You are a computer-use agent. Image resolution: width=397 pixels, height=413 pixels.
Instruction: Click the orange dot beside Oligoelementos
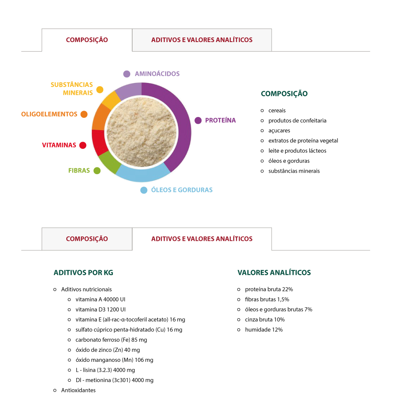84,114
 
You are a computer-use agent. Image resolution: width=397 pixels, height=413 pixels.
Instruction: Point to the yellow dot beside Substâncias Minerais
100,90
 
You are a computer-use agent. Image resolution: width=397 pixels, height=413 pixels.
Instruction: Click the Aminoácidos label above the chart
157,74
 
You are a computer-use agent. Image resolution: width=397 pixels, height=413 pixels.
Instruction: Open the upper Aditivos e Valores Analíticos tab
202,40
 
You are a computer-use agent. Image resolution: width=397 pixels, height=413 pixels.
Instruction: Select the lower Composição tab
87,239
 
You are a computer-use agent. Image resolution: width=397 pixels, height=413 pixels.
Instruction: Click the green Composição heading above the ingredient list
284,94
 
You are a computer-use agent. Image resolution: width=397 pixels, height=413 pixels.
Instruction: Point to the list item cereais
277,110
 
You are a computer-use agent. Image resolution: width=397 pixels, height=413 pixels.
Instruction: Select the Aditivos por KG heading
83,273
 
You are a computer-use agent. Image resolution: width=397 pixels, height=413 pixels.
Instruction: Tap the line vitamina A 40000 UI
100,299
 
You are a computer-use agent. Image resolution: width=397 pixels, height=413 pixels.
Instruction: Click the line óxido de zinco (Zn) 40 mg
108,350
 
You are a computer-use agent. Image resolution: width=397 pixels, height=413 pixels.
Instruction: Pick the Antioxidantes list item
78,390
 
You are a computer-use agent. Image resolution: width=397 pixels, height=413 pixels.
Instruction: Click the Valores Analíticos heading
274,273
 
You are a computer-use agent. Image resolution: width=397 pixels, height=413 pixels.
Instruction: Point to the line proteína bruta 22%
269,289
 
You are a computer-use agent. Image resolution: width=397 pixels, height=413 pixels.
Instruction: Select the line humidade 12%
264,330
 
